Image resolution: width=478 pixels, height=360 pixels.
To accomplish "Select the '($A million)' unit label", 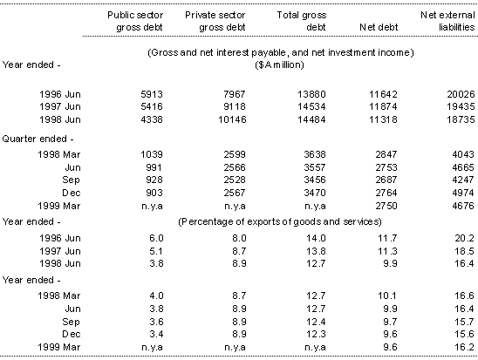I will pos(280,64).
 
